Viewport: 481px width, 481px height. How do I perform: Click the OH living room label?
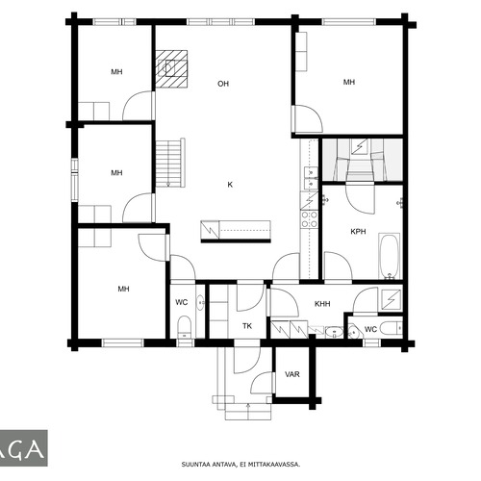click(x=223, y=84)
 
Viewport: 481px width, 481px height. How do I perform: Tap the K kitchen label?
click(x=230, y=185)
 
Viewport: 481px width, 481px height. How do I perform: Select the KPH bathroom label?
click(x=358, y=232)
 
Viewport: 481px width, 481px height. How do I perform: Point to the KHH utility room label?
click(x=322, y=304)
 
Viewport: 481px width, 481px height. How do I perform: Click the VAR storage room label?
click(x=292, y=374)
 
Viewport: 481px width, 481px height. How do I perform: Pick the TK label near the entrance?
click(x=247, y=326)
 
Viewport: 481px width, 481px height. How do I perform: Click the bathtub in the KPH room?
click(x=390, y=256)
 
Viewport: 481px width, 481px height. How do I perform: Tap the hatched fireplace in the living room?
click(x=171, y=69)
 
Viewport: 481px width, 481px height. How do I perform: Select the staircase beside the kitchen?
click(x=170, y=163)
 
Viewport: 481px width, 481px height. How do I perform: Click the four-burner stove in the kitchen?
click(x=309, y=219)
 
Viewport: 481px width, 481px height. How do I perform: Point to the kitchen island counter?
click(x=236, y=232)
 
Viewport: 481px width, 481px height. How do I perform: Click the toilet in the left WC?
click(x=184, y=326)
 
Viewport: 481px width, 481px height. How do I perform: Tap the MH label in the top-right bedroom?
click(x=349, y=82)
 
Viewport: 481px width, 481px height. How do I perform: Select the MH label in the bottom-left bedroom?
click(x=123, y=289)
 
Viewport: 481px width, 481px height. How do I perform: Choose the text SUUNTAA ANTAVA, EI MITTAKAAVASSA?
click(x=240, y=465)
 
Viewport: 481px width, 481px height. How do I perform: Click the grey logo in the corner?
click(x=24, y=448)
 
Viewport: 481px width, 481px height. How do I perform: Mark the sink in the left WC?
click(x=200, y=302)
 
